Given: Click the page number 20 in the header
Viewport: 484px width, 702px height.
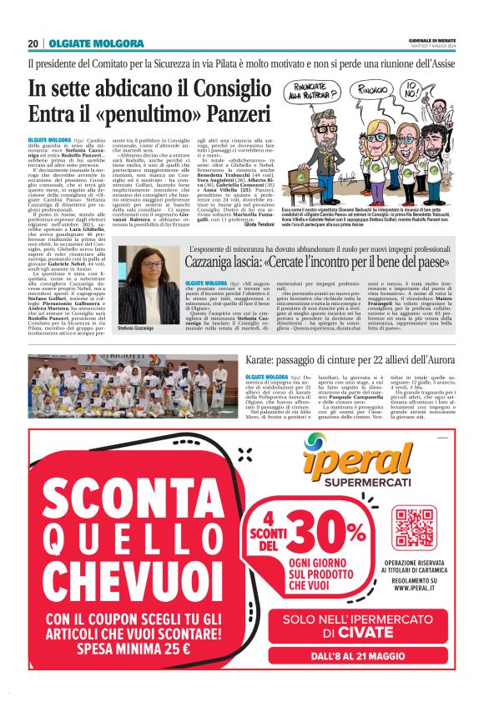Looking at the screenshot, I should pyautogui.click(x=33, y=43).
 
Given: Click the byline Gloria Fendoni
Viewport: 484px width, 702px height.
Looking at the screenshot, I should pyautogui.click(x=259, y=227).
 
